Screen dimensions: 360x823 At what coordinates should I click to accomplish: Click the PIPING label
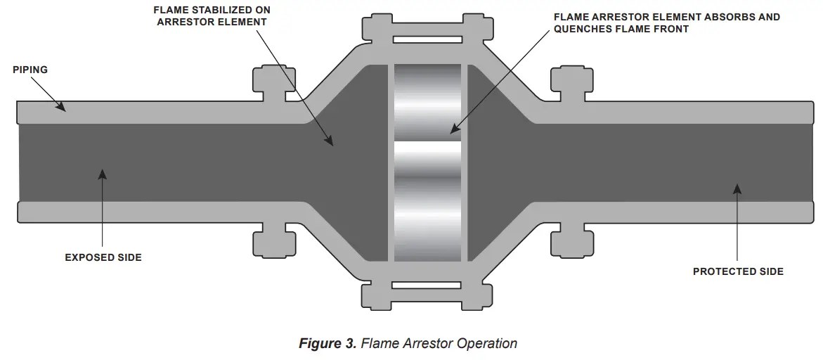30,70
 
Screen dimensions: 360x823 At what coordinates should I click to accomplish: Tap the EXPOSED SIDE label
103,257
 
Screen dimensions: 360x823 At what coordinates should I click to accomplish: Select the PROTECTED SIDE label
738,271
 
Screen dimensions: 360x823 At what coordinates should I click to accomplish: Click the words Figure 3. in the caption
328,344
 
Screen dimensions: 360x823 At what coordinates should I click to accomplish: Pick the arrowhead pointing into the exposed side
103,174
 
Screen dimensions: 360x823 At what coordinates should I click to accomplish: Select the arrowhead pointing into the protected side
737,188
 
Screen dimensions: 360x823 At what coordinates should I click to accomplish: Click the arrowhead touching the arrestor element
454,129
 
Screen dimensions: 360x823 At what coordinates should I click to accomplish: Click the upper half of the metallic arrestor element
427,102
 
